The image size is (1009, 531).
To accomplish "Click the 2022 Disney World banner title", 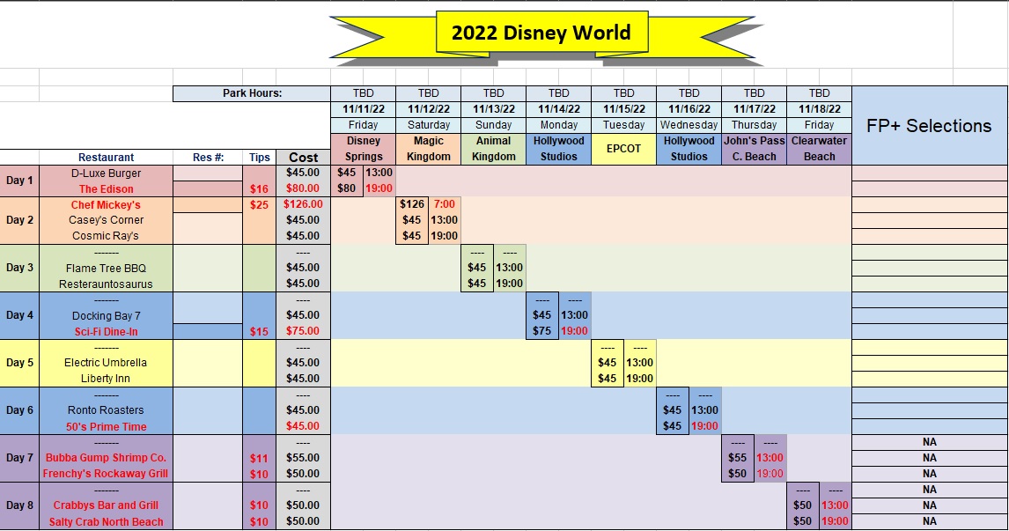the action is point(541,33).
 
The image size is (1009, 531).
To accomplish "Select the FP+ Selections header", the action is point(929,126).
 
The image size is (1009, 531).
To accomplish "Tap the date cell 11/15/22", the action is point(623,109).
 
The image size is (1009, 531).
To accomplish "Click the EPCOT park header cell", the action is point(623,149).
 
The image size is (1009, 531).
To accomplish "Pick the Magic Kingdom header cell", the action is point(429,149).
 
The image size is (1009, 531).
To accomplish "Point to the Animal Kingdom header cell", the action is point(494,149).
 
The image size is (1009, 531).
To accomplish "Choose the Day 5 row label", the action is point(19,363).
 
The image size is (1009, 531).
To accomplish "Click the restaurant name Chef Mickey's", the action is point(106,204).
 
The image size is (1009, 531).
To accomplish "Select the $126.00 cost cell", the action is point(303,204).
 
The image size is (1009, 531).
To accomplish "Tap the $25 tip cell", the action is point(260,204).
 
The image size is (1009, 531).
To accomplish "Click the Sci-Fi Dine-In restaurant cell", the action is point(107,331).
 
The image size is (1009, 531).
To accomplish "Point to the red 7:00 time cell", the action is point(444,204).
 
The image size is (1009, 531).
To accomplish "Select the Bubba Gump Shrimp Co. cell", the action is point(107,458).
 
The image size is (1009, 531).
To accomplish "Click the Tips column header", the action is point(260,157).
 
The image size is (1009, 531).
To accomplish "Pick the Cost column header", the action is point(303,157).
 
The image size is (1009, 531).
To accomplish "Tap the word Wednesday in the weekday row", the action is point(689,125).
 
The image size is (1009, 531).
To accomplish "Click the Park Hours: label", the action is point(252,93).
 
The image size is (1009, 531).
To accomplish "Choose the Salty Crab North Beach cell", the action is point(107,522).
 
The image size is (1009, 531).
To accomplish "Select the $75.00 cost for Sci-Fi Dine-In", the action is point(303,331).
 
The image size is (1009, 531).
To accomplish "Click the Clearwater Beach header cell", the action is point(819,149).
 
